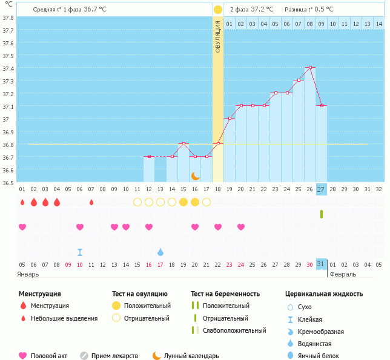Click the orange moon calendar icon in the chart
click(195, 176)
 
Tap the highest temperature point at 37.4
click(309, 68)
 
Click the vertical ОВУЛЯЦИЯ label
click(218, 36)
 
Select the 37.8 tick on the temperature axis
click(8, 17)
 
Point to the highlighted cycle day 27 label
click(321, 189)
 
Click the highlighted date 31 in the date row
click(321, 264)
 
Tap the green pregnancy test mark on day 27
click(321, 214)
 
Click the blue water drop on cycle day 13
click(160, 252)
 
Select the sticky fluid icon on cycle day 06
click(80, 252)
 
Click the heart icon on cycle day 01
click(22, 227)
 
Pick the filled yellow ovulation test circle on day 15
click(183, 201)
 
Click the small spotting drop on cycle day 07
click(91, 202)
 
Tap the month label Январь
click(28, 274)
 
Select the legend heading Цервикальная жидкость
click(324, 293)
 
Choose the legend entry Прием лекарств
click(114, 356)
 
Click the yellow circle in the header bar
click(218, 9)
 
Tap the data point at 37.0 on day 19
click(229, 118)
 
